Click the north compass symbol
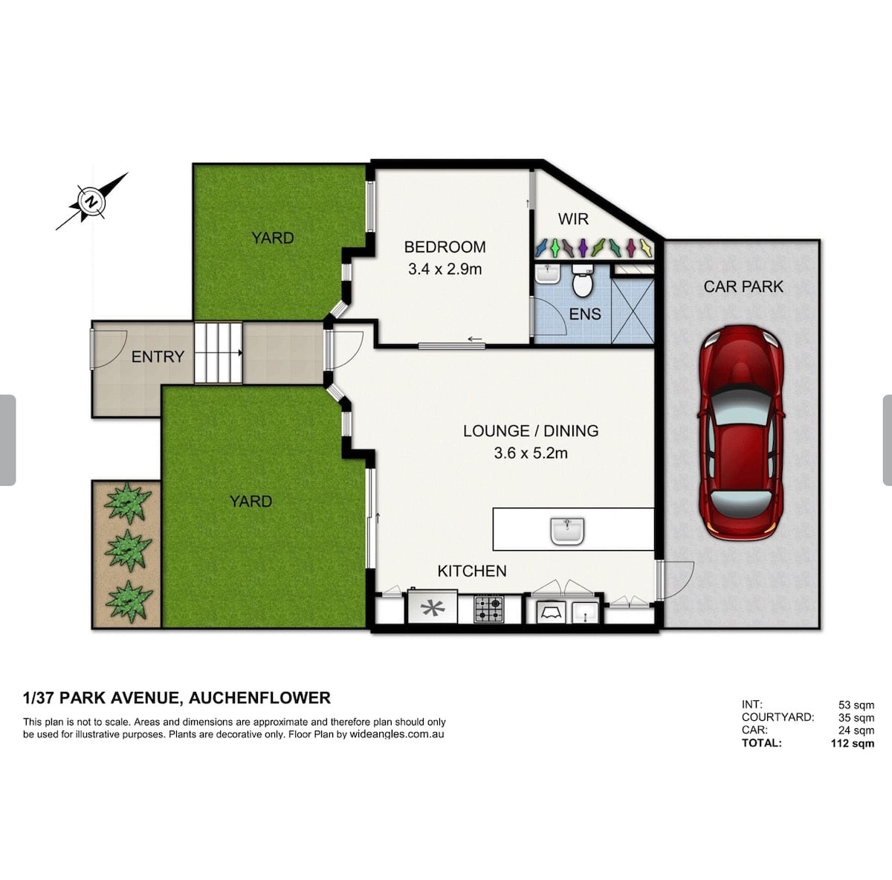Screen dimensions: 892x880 coord(91,202)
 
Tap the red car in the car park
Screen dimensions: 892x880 coord(741,433)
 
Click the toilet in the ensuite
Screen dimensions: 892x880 coord(582,281)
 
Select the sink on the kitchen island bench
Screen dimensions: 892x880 coord(567,531)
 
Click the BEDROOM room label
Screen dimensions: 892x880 coord(445,247)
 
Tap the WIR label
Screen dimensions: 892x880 coord(573,219)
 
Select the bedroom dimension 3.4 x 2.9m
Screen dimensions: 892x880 coord(445,269)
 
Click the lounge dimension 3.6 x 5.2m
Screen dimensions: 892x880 coord(531,453)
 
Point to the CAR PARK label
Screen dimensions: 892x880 coord(743,287)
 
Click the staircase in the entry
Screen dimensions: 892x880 coord(218,353)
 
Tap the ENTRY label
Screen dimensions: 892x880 coord(158,357)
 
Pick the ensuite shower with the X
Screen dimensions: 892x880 coord(633,311)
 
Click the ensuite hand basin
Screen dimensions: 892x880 coord(548,274)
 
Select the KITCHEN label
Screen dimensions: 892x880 coord(472,572)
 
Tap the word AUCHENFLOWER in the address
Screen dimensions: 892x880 coord(259,698)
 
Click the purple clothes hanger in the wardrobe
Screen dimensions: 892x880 coord(584,248)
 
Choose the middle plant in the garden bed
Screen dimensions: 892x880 coord(128,551)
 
